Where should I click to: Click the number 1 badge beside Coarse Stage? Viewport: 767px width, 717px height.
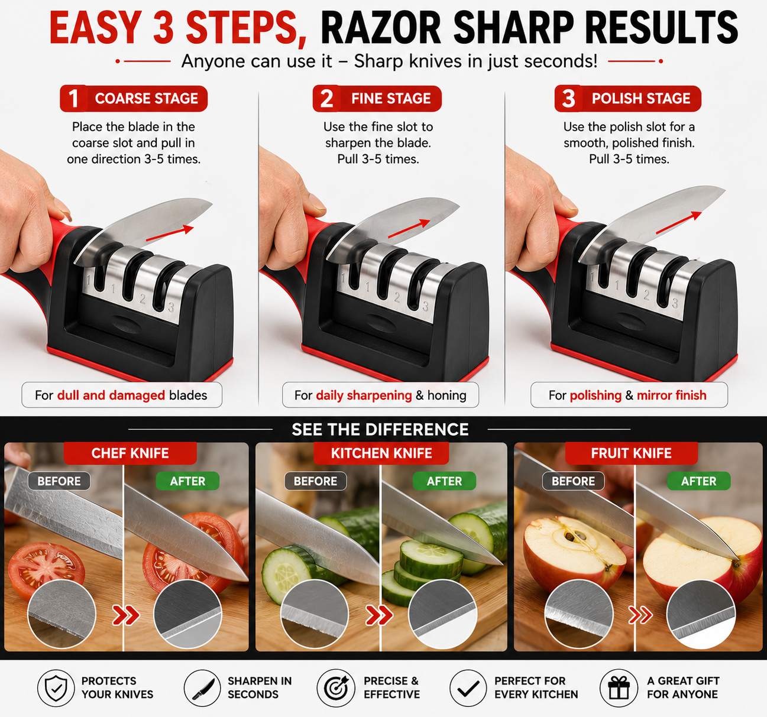click(73, 99)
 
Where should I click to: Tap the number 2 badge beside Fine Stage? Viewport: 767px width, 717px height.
click(326, 99)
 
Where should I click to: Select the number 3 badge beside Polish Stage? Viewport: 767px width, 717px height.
click(568, 99)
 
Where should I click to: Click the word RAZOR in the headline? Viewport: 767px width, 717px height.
click(381, 28)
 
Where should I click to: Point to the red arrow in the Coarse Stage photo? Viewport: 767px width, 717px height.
click(170, 234)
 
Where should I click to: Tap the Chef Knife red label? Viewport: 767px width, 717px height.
click(130, 453)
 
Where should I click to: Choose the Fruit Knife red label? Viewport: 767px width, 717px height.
click(631, 453)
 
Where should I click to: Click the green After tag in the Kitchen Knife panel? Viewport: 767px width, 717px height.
click(444, 481)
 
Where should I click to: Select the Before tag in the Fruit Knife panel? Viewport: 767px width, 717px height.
click(573, 481)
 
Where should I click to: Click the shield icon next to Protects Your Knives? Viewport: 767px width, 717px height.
click(56, 688)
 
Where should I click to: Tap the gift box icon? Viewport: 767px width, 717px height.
click(619, 688)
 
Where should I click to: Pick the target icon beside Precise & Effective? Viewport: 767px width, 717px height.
click(336, 688)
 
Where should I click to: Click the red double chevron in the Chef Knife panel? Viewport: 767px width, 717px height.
click(125, 615)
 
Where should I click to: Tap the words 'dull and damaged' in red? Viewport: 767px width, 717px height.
click(111, 395)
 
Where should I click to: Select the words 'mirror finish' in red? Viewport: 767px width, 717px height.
click(672, 395)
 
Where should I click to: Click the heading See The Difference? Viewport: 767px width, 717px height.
click(380, 429)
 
